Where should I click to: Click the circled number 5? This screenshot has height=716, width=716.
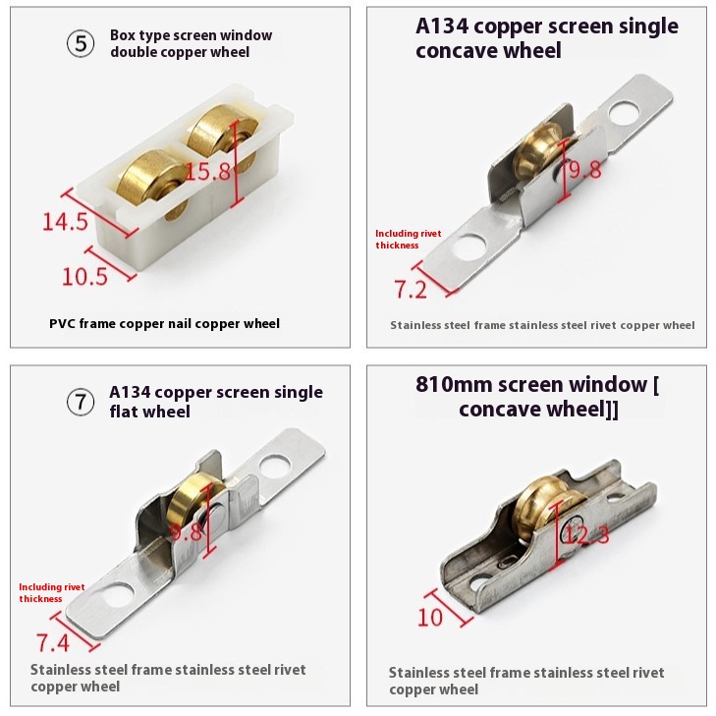point(81,44)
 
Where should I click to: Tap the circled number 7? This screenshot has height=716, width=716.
point(81,402)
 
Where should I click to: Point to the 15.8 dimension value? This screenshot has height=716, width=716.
point(208,171)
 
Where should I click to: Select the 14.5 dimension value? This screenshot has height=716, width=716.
point(65,221)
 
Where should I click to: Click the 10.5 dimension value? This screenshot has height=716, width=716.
point(84,276)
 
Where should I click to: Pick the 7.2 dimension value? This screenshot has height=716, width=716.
point(411,289)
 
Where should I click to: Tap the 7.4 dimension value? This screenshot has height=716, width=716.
point(53,642)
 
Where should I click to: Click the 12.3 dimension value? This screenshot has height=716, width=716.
point(586,533)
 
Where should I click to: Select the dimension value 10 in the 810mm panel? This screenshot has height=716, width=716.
point(430,618)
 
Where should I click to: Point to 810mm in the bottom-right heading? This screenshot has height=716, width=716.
point(454,384)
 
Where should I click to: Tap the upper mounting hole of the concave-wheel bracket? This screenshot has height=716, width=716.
point(625,113)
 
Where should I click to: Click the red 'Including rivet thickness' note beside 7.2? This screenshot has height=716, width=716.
point(409,240)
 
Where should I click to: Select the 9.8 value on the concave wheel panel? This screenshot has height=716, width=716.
point(585,170)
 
